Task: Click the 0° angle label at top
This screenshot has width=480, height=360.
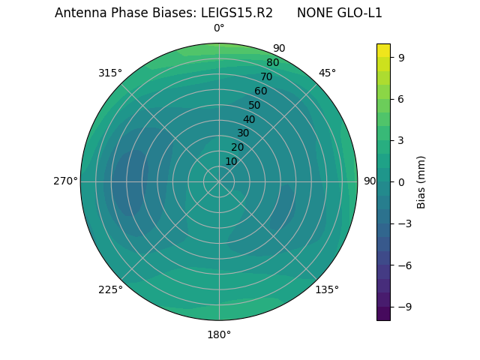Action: pyautogui.click(x=219, y=28)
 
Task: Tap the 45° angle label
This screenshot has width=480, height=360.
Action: pyautogui.click(x=327, y=73)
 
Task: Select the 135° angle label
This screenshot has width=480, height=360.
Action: pyautogui.click(x=327, y=289)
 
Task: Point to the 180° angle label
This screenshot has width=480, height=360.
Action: pyautogui.click(x=219, y=334)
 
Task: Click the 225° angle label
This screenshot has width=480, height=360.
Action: pyautogui.click(x=110, y=289)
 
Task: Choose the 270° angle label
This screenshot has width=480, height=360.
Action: pyautogui.click(x=65, y=181)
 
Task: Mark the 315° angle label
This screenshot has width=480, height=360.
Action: pyautogui.click(x=110, y=73)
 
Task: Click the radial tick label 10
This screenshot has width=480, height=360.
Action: pyautogui.click(x=231, y=161)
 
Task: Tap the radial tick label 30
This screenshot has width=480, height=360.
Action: pyautogui.click(x=243, y=133)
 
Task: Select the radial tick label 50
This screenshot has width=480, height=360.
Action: pyautogui.click(x=255, y=105)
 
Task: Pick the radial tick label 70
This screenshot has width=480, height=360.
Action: pyautogui.click(x=266, y=76)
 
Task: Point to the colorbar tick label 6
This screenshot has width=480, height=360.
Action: pyautogui.click(x=400, y=99)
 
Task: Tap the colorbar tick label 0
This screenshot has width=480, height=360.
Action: pyautogui.click(x=400, y=182)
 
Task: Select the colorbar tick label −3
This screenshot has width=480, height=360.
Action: pyautogui.click(x=403, y=223)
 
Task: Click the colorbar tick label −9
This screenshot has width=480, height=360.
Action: pyautogui.click(x=403, y=307)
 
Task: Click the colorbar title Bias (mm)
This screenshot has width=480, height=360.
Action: pyautogui.click(x=421, y=181)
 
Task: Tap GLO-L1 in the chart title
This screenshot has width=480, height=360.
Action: pyautogui.click(x=357, y=13)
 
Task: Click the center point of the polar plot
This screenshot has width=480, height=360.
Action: pyautogui.click(x=219, y=181)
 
